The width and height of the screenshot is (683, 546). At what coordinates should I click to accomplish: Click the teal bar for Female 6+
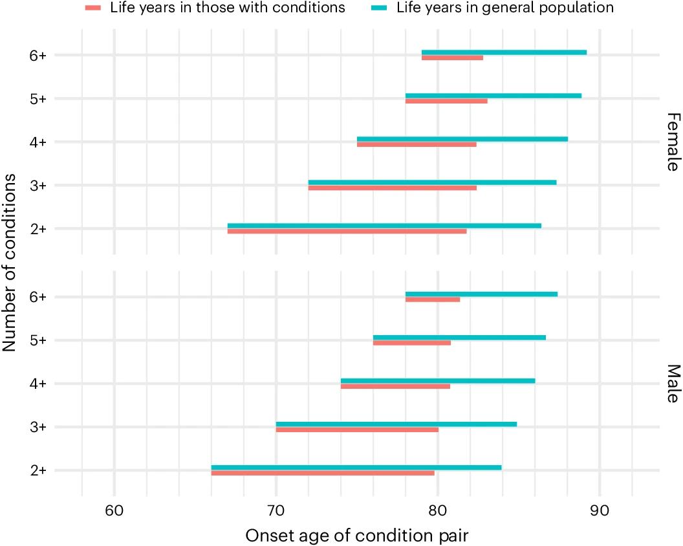tap(504, 52)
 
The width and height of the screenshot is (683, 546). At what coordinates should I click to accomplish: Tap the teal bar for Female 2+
tap(384, 226)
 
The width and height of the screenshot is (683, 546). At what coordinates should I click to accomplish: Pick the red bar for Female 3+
tap(392, 188)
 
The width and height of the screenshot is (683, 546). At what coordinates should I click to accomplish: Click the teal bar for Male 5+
tap(459, 338)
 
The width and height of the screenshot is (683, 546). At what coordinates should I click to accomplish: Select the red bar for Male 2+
tap(323, 474)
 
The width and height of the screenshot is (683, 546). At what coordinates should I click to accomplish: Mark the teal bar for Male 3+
tap(396, 424)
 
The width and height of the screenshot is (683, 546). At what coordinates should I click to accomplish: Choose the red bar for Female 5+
tap(446, 102)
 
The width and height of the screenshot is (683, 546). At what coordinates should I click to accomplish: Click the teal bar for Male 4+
tap(438, 381)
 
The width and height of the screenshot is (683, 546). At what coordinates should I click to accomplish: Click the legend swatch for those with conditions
tap(94, 8)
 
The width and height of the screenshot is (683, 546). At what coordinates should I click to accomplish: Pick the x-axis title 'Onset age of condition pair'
tap(356, 534)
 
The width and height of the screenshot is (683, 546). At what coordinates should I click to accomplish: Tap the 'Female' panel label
tap(673, 142)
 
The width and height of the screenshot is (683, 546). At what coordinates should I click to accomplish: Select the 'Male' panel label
tap(673, 384)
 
